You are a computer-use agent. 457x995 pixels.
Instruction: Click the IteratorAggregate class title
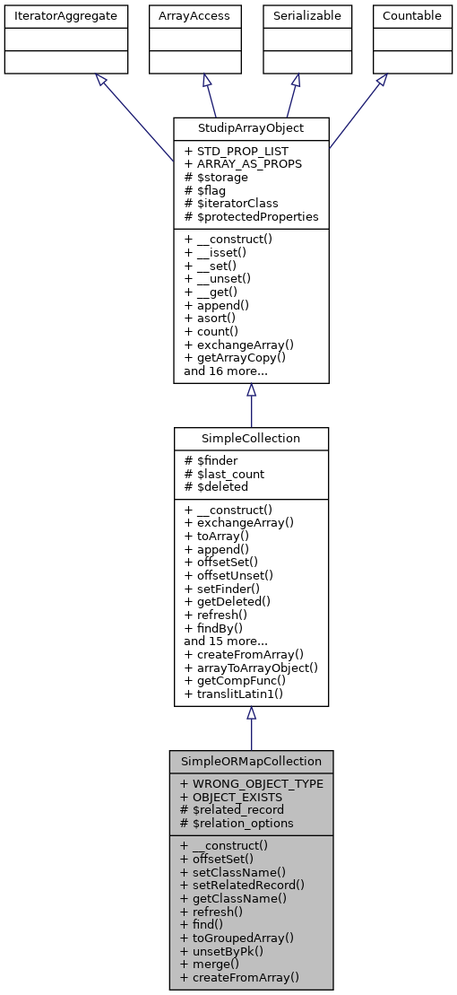tap(65, 16)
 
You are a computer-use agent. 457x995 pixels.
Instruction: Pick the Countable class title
tap(411, 16)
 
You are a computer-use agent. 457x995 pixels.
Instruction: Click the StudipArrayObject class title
tap(251, 128)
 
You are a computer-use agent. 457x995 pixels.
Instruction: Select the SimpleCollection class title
tap(251, 439)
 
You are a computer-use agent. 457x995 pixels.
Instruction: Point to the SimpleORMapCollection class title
tap(251, 761)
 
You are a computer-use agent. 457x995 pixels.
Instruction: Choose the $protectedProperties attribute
tap(251, 216)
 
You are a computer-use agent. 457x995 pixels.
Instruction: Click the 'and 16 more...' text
tap(226, 370)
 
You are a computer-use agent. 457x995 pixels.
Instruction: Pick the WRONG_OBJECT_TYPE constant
tap(251, 783)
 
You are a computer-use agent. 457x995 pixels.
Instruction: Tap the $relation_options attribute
tap(237, 822)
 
